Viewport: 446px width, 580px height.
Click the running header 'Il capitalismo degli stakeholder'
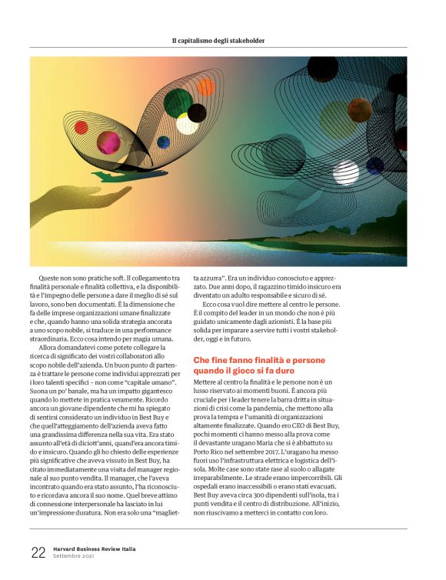pyautogui.click(x=223, y=40)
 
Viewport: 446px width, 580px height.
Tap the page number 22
pyautogui.click(x=38, y=552)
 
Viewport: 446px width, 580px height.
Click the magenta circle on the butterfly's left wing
pyautogui.click(x=108, y=142)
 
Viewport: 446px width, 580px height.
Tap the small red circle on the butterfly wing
pyautogui.click(x=81, y=127)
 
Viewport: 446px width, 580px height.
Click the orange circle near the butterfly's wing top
pyautogui.click(x=206, y=88)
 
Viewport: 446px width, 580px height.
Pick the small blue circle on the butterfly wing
pyautogui.click(x=163, y=142)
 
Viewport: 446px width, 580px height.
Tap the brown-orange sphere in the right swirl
pyautogui.click(x=359, y=108)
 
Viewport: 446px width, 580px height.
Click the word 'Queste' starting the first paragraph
pyautogui.click(x=51, y=278)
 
